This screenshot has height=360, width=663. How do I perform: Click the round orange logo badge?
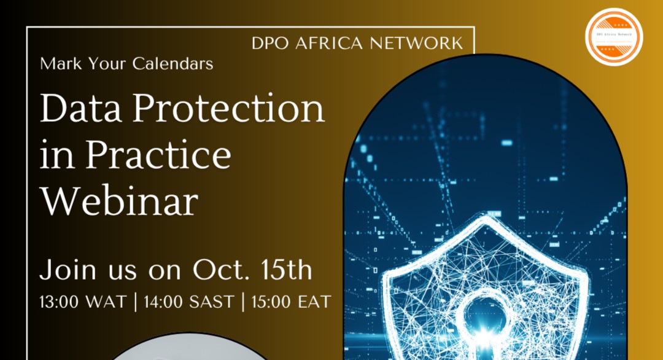(613, 36)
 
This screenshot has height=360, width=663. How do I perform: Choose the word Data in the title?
(80, 109)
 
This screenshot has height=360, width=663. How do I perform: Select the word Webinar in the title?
(119, 201)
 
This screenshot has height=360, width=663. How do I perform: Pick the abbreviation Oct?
(214, 270)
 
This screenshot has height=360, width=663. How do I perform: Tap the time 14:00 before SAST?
(165, 302)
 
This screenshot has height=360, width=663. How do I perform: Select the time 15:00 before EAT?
(270, 302)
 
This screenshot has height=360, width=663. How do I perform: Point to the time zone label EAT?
(313, 302)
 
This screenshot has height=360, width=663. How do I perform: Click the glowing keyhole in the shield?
(485, 323)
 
